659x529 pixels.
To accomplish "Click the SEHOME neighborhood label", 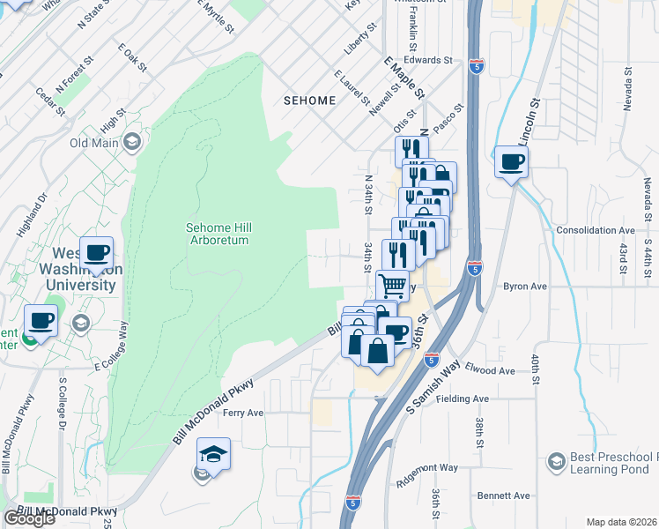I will coord(309,101).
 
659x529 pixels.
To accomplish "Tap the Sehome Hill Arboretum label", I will coord(217,234).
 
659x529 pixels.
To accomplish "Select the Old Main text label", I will coord(94,143).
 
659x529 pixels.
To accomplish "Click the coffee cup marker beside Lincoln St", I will coord(511,162).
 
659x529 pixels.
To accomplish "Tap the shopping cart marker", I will coord(392,285).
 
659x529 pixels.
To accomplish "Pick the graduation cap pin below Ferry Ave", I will coord(213,454).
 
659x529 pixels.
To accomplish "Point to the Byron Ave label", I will coord(525,287).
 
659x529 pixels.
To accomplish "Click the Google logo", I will coord(29,518).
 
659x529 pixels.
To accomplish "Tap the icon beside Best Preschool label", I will coord(556,461).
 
